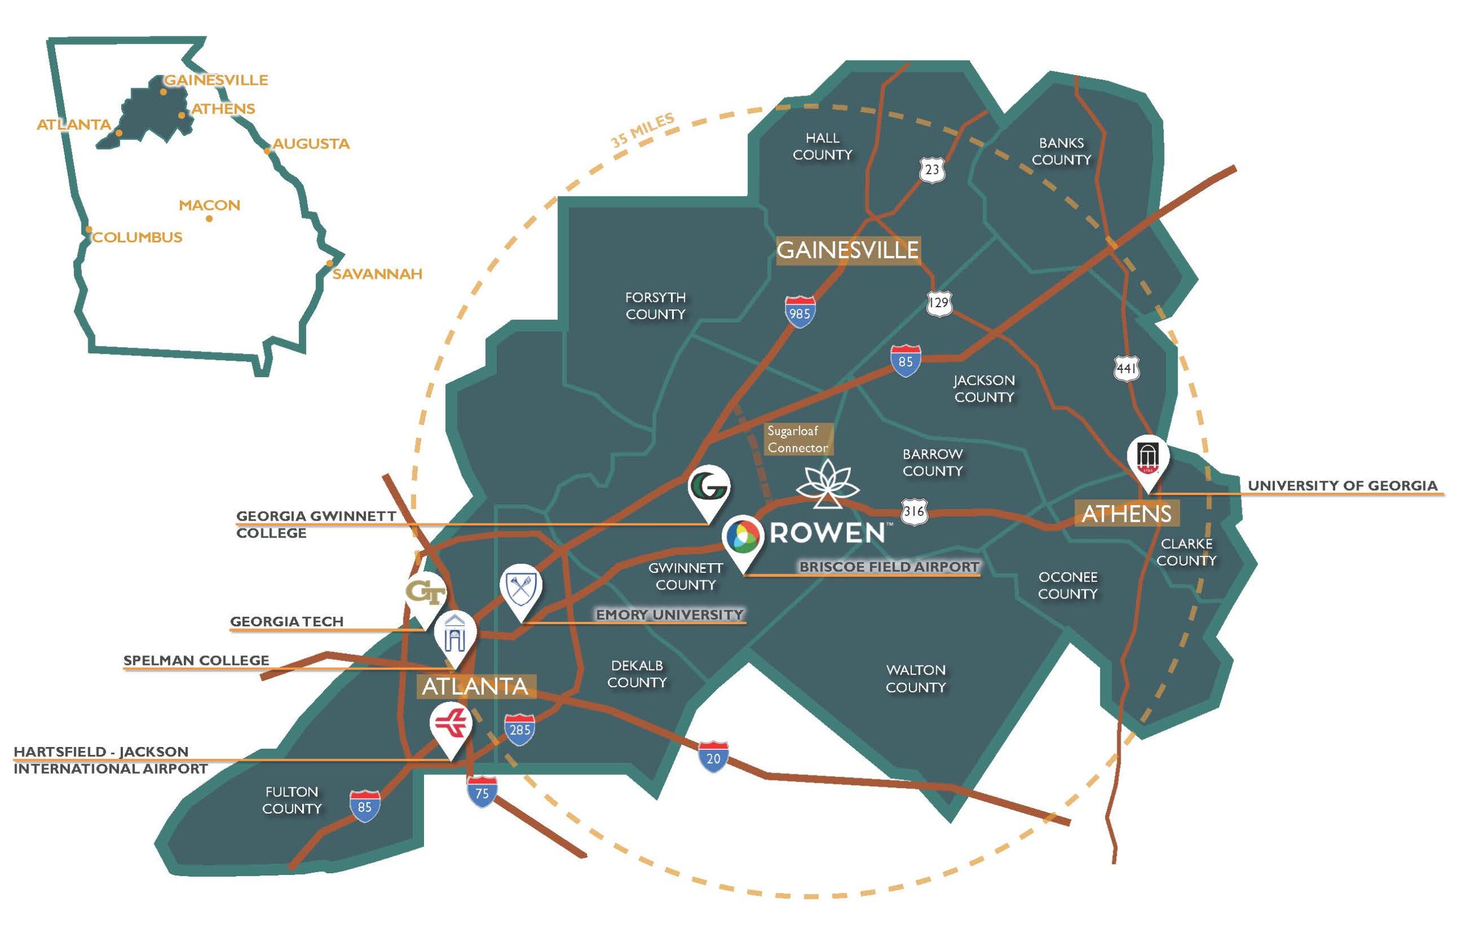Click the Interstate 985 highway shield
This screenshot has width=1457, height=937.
coord(800,312)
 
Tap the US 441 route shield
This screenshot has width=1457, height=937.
coord(1126,369)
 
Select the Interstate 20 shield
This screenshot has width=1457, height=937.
coord(713,757)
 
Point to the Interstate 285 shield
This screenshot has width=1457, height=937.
coord(520,729)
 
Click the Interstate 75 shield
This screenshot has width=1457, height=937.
coord(482,791)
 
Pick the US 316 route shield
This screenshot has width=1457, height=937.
coord(914,511)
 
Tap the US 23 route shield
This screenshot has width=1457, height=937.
coord(932,168)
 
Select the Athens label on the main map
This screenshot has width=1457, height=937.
coord(1126,514)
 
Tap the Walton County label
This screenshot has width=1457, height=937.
coord(915,678)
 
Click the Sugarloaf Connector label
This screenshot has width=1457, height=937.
coord(797,439)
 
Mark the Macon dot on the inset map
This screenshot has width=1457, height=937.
coord(209,218)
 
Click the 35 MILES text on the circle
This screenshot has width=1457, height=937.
coord(643,130)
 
